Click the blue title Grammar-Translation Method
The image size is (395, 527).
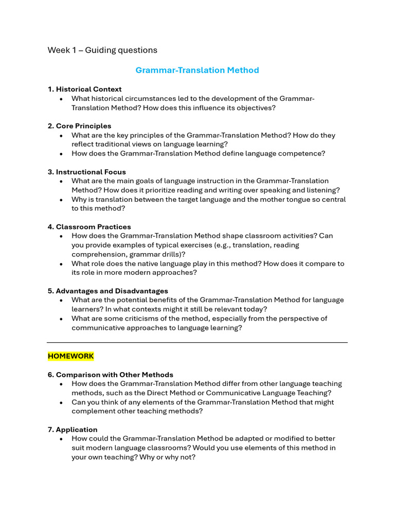click(x=197, y=70)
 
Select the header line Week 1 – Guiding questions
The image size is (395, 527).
click(x=102, y=50)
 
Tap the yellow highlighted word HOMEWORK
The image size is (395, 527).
click(x=71, y=356)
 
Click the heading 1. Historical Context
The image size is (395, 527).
click(x=84, y=89)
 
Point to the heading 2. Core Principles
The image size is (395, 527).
click(x=79, y=126)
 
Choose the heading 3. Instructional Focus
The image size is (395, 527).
click(x=86, y=172)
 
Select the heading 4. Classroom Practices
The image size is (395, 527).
click(x=89, y=226)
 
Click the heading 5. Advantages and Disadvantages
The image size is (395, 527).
click(x=107, y=291)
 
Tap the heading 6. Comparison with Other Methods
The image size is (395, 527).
click(x=110, y=375)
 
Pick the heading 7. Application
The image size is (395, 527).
click(x=73, y=429)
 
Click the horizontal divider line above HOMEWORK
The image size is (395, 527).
click(x=197, y=342)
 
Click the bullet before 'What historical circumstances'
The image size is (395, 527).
click(x=61, y=99)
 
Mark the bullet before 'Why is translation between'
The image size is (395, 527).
click(x=61, y=200)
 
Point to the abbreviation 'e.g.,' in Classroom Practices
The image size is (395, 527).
click(x=222, y=245)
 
